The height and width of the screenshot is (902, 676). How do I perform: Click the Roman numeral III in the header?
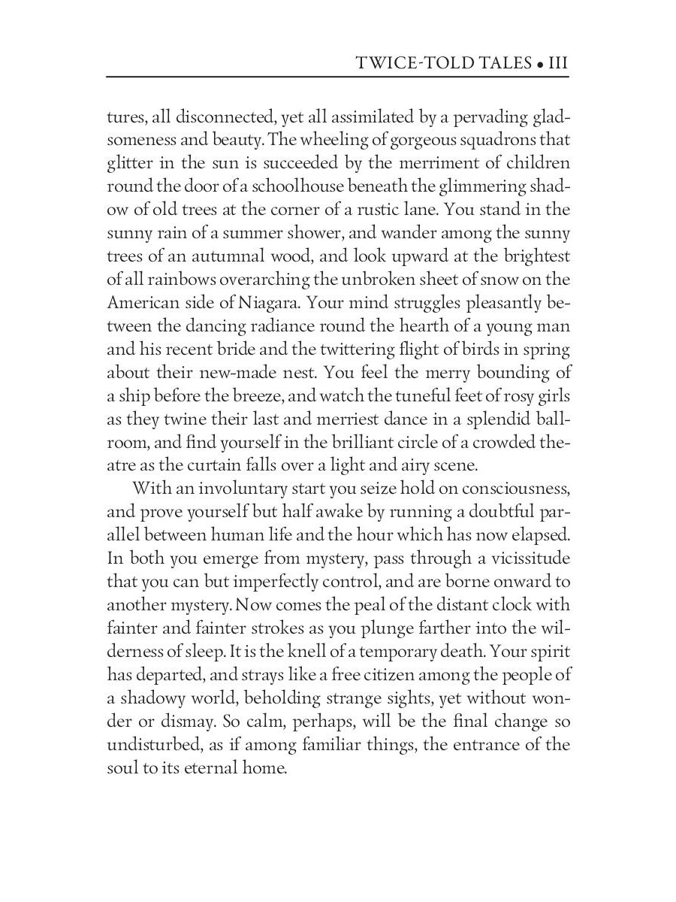[558, 63]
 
